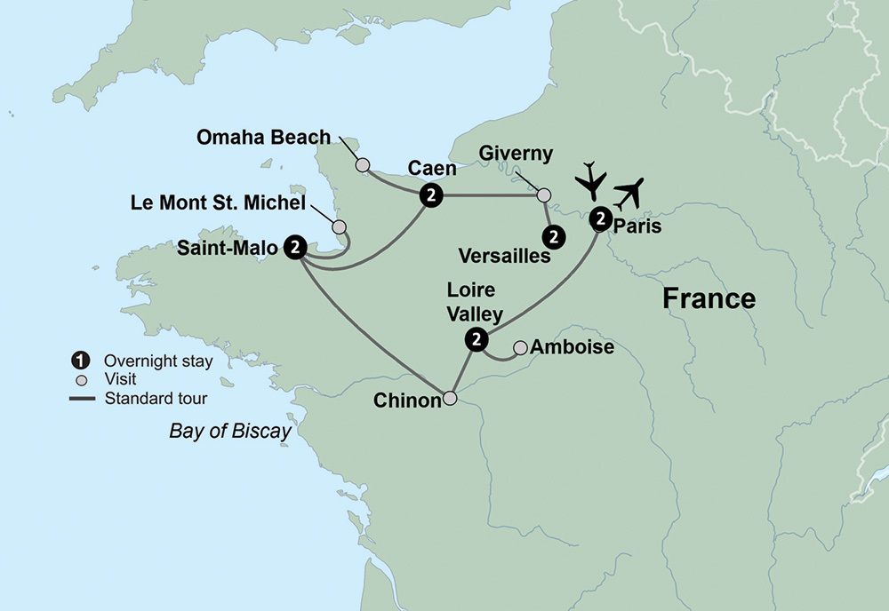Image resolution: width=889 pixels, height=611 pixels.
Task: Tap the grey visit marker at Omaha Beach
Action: coord(362,164)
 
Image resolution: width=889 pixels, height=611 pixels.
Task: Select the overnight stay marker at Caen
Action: coord(431,195)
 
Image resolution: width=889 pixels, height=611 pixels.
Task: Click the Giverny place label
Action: coord(515,154)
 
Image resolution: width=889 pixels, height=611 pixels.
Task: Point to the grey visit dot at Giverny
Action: coord(544,194)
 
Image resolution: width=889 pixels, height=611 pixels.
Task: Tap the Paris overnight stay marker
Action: coord(600,217)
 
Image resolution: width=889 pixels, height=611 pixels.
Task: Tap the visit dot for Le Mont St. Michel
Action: coord(339,227)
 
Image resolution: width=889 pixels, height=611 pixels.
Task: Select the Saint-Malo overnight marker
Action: coord(296,247)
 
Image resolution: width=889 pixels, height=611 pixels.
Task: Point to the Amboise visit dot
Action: coord(521,346)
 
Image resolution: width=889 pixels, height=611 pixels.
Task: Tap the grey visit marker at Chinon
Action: coord(451,399)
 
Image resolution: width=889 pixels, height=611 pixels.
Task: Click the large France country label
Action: coord(709,298)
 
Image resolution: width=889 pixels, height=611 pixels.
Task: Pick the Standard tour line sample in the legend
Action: coord(81,397)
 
